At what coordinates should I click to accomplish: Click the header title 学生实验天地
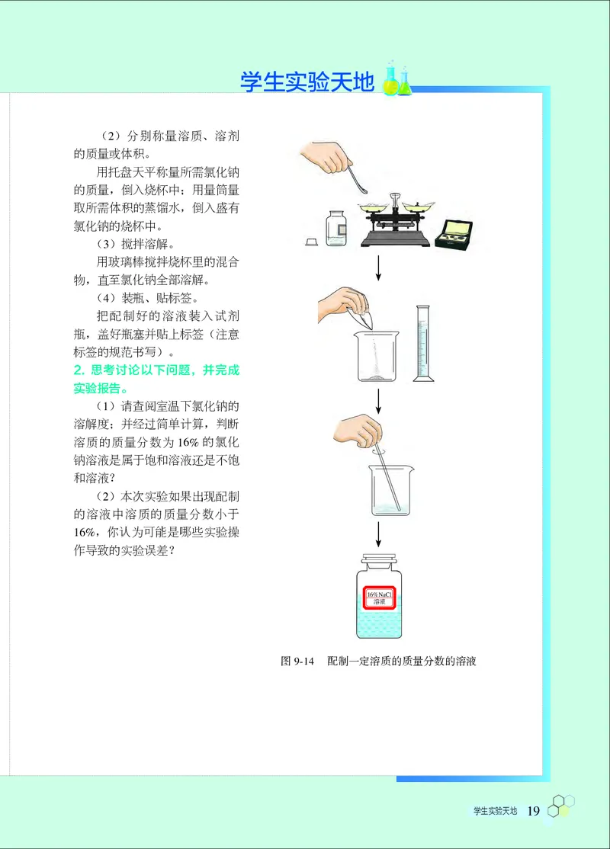tap(307, 82)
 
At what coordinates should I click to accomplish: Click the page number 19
tap(533, 810)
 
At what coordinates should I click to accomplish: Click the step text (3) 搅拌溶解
tap(135, 245)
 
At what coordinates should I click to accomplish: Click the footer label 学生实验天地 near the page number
tap(495, 811)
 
